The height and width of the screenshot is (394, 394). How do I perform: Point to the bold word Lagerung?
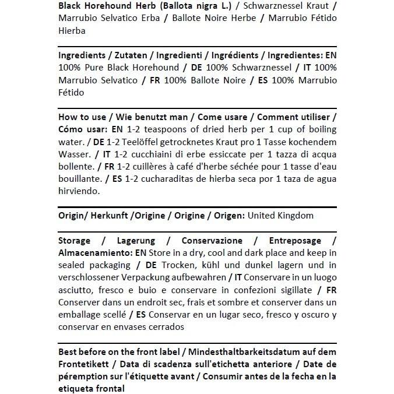tap(136, 241)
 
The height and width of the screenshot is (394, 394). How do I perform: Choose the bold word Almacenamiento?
tap(95, 253)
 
